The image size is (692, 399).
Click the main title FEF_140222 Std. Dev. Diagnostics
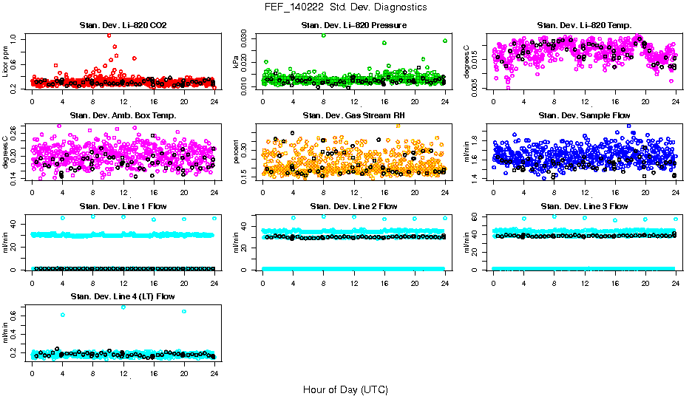click(x=345, y=7)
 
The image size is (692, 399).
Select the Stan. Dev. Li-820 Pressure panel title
click(x=354, y=26)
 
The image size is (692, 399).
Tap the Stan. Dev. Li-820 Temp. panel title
click(x=584, y=26)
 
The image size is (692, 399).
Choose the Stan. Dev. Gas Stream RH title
click(x=354, y=116)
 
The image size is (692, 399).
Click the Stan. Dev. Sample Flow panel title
click(x=584, y=116)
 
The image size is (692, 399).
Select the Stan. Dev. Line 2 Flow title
click(x=354, y=206)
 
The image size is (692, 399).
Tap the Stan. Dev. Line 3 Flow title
click(x=584, y=206)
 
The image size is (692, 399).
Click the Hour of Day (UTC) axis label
click(x=345, y=389)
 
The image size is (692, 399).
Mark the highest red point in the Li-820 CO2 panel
click(x=109, y=35)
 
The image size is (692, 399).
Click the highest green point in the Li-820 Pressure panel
click(x=323, y=35)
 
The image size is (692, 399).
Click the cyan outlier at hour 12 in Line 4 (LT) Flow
click(x=123, y=307)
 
